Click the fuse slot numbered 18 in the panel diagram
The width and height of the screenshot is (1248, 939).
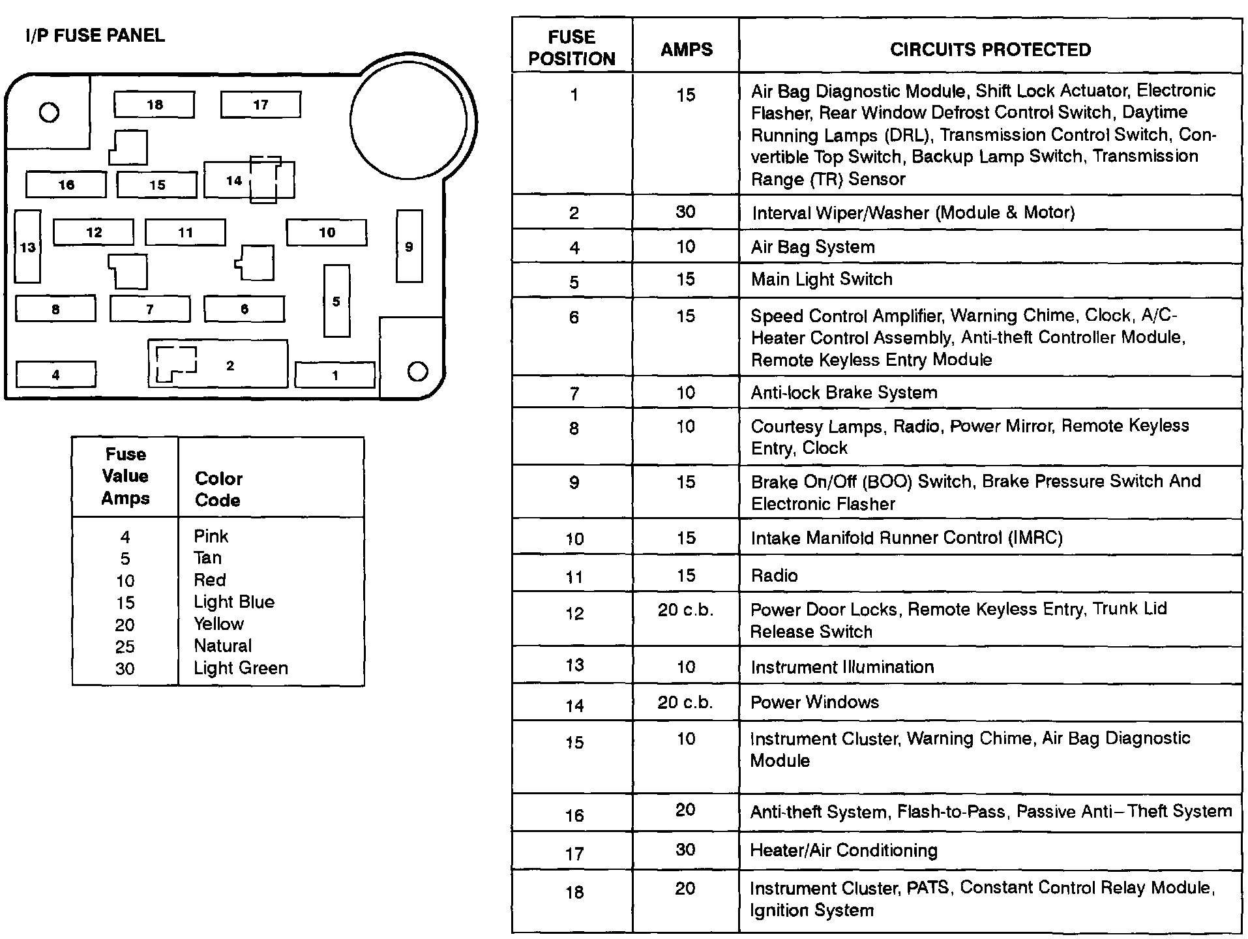pos(154,104)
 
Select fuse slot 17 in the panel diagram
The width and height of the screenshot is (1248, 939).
pos(260,104)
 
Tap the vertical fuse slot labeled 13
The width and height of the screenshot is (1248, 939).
pos(27,246)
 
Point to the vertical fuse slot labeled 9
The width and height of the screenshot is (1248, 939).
pos(409,246)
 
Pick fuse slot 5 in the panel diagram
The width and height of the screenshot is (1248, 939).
pos(336,301)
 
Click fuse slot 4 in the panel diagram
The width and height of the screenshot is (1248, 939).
pos(55,374)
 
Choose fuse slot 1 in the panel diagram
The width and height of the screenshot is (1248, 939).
pos(334,375)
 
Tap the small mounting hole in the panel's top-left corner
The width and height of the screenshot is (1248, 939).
pos(49,113)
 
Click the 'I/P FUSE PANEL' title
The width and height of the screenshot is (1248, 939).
pos(95,35)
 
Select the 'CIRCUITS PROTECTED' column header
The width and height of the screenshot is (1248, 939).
pos(990,50)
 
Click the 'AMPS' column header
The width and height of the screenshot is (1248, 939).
pos(686,50)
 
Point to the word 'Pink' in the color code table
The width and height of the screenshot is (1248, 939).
pos(211,536)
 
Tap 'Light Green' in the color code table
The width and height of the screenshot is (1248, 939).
pos(241,668)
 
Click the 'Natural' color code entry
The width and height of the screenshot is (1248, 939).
pos(222,646)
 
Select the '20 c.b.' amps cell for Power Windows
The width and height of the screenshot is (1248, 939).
pos(685,702)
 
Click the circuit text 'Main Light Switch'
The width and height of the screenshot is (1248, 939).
pos(822,279)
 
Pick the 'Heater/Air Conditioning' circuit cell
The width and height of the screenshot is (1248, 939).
pos(844,850)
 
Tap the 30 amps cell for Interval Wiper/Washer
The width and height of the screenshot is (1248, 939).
pos(685,212)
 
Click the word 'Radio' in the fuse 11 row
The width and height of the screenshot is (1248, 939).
pos(774,575)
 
